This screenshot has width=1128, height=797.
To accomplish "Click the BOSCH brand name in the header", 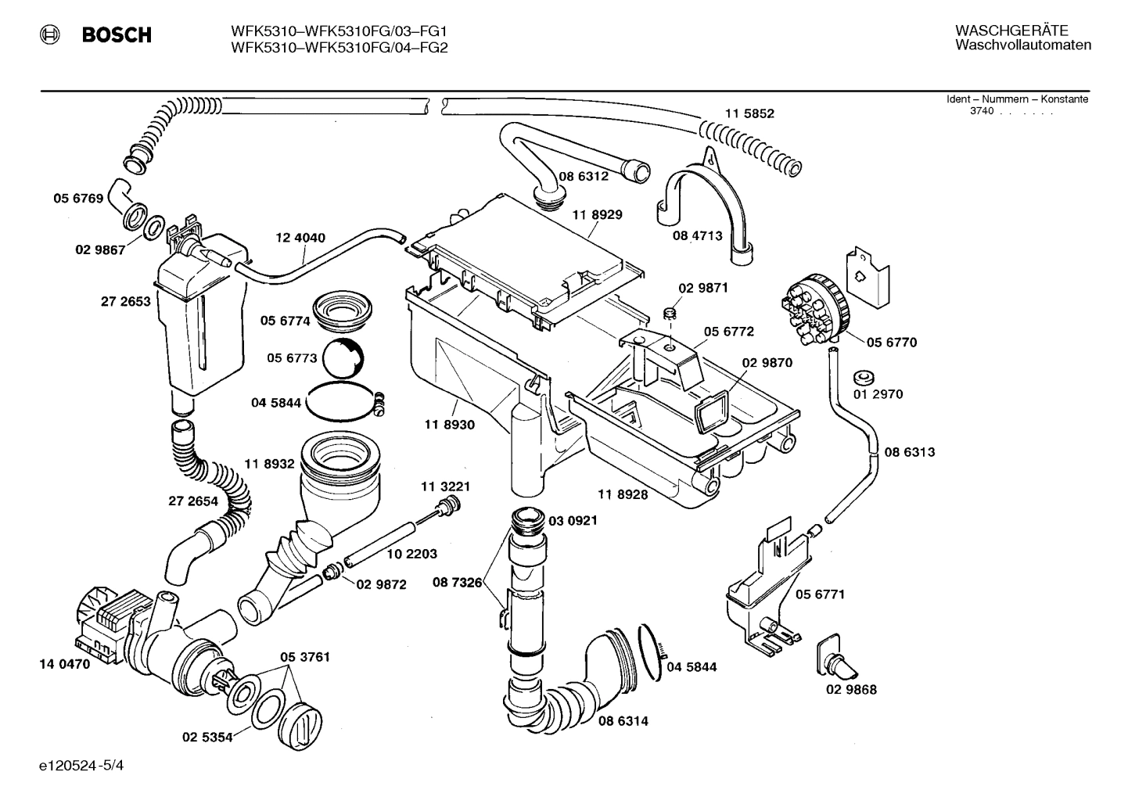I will click(117, 35).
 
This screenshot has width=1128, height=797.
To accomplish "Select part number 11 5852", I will click(749, 113).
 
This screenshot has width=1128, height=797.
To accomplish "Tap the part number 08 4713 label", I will click(697, 235).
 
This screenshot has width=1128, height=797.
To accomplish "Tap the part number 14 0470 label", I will click(64, 665).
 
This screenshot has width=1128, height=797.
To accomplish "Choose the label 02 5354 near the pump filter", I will click(207, 737).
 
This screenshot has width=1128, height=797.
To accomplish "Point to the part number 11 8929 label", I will click(597, 214).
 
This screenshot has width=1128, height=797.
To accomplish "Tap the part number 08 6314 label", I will click(623, 721).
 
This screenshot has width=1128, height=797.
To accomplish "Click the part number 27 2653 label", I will click(125, 301).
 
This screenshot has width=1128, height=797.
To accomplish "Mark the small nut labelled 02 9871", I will click(670, 314).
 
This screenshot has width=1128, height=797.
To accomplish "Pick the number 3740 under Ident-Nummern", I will click(981, 111).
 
